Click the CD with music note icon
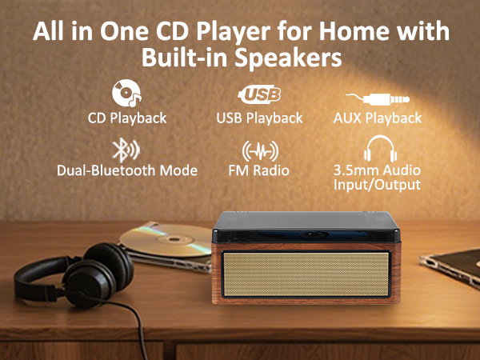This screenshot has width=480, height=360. [126, 94]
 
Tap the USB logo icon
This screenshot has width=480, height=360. [259, 95]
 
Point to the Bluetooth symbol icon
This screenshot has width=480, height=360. [125, 150]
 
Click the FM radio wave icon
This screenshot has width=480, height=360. [259, 150]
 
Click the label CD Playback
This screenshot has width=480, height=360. [127, 118]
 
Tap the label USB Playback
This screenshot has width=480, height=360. [259, 118]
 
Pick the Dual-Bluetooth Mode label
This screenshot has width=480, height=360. [127, 170]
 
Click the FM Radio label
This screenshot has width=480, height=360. [259, 170]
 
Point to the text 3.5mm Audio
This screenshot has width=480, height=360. [376, 170]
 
